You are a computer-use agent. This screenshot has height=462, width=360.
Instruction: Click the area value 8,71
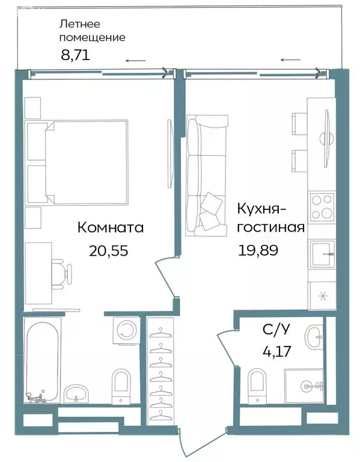click(75, 56)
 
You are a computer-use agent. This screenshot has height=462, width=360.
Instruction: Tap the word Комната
click(110, 228)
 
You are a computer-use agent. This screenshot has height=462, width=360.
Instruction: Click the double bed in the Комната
click(84, 161)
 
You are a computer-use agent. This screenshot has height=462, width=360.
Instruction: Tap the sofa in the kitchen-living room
click(203, 174)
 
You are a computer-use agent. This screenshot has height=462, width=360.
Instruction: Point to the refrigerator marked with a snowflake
click(322, 295)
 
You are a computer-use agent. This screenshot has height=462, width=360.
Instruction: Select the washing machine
click(127, 330)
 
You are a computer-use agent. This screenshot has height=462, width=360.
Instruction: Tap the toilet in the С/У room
click(257, 382)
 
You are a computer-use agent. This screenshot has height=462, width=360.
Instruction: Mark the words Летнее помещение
click(92, 31)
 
